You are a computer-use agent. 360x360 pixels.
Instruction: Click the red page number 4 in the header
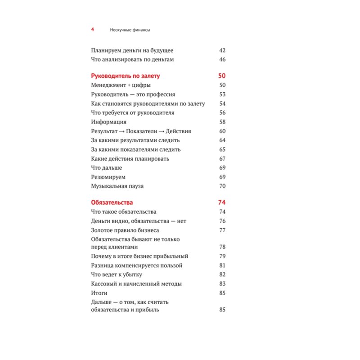(x=92, y=30)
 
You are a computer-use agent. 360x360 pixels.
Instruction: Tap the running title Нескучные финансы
(x=130, y=30)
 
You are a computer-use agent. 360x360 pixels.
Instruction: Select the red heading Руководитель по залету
(x=125, y=76)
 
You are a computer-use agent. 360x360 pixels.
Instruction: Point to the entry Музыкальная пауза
(x=117, y=186)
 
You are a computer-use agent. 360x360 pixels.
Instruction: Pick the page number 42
(x=222, y=50)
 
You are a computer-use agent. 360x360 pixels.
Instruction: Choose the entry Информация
(x=108, y=121)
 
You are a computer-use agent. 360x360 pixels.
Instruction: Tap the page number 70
(x=222, y=186)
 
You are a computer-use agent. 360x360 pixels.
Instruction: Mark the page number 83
(x=222, y=284)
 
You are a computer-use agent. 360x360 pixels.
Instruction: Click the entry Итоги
(x=99, y=293)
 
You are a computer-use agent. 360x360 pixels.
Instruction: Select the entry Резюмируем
(x=108, y=177)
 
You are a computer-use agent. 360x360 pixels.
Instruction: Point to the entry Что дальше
(x=106, y=168)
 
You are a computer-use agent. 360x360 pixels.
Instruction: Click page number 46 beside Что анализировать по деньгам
(x=222, y=59)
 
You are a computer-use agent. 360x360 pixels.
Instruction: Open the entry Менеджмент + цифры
(x=121, y=85)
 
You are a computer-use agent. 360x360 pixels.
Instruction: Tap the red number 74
(x=221, y=202)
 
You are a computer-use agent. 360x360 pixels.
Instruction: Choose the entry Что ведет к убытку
(x=117, y=274)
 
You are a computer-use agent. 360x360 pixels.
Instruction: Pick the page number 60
(x=222, y=131)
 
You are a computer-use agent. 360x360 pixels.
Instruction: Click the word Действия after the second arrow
(x=178, y=131)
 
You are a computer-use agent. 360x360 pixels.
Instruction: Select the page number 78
(x=222, y=247)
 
